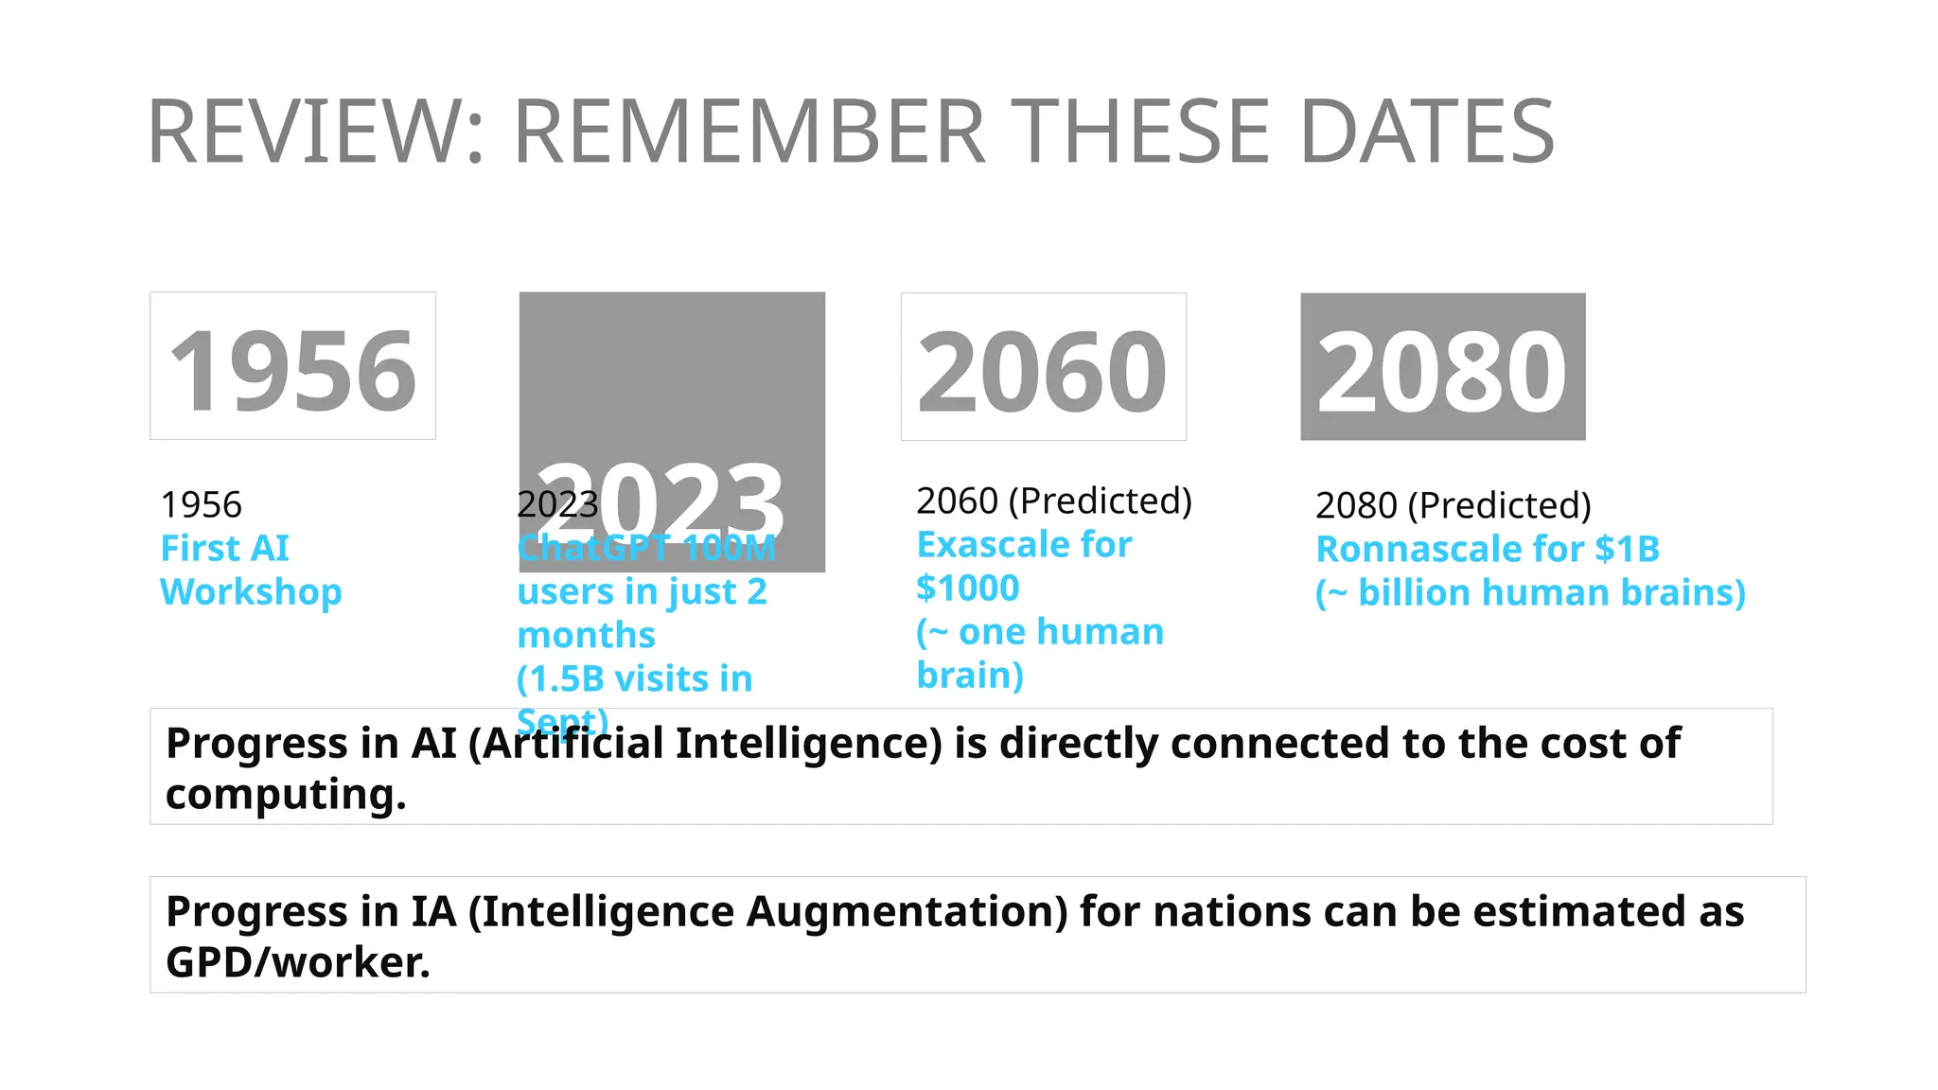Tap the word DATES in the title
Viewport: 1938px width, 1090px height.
coord(1427,132)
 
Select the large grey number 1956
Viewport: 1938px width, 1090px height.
coord(292,371)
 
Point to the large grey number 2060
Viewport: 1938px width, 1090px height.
coord(1042,373)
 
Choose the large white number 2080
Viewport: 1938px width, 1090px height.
coord(1441,373)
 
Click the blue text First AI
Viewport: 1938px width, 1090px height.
coord(225,549)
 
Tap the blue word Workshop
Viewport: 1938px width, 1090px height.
coord(251,592)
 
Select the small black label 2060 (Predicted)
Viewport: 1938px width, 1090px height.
coord(1053,501)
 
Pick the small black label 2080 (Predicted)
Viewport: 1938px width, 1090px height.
coord(1453,505)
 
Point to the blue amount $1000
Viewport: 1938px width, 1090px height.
coord(967,589)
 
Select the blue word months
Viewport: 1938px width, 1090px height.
coord(586,635)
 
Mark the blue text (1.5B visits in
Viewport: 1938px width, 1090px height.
coord(634,678)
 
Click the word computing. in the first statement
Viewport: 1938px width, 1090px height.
coord(286,794)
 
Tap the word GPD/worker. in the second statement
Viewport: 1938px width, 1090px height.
coord(298,962)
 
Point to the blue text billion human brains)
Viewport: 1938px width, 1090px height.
coord(1551,593)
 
